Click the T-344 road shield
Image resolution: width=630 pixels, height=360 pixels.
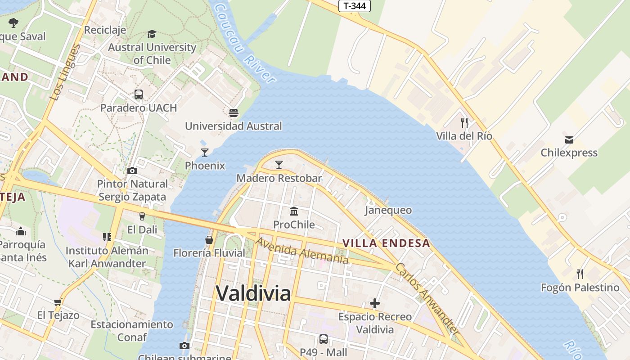(x=354, y=6)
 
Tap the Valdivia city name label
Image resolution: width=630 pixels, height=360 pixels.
(x=253, y=293)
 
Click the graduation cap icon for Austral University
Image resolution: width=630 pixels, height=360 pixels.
(x=152, y=34)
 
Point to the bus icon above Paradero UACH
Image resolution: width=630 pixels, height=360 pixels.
(x=139, y=94)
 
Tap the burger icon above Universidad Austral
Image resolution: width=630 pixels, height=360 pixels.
(x=233, y=112)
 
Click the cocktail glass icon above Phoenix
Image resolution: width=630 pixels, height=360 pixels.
(x=205, y=153)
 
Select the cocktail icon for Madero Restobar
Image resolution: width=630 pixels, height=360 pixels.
(x=279, y=165)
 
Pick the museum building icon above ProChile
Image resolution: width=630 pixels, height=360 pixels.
(x=294, y=211)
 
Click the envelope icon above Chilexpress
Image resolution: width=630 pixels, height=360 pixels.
(x=569, y=139)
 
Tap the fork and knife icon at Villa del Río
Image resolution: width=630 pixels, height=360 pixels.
(x=464, y=122)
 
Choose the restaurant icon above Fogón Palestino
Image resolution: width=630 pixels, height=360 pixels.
(x=580, y=274)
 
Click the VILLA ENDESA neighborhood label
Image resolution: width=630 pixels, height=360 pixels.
(x=387, y=243)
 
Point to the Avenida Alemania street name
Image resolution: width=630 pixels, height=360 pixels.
(x=302, y=251)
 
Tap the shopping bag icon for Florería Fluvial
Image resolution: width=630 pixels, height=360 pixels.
(x=209, y=239)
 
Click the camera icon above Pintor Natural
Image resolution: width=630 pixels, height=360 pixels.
(x=132, y=171)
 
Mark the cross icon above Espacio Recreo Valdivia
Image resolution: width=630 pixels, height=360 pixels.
(x=374, y=303)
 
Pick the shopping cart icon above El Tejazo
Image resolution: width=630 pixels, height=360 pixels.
(x=58, y=302)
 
